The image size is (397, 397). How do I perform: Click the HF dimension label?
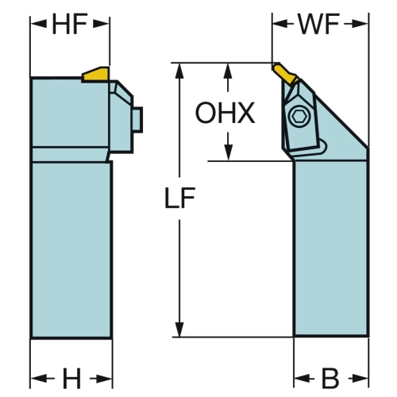point(70,24)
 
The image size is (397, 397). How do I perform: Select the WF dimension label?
point(318,24)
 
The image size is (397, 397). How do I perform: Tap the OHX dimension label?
point(225,113)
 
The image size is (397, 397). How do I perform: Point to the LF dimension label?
point(180,198)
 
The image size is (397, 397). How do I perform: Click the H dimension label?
point(71,378)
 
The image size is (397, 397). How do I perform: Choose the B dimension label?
point(330,378)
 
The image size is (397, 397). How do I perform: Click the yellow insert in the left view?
point(96,74)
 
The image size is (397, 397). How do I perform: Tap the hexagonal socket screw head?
point(299,116)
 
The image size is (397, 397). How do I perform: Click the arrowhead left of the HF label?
point(39,24)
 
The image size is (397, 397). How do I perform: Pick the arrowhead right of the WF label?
point(360,24)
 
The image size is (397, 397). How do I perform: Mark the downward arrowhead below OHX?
point(228,153)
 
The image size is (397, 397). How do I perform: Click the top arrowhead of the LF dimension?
point(180,71)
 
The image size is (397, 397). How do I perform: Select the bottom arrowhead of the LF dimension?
point(180,330)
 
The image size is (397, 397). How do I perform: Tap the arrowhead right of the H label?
point(104,379)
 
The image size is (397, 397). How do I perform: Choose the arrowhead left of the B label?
point(303,379)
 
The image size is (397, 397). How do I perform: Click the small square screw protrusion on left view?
point(137,120)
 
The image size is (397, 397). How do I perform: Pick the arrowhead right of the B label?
point(360,379)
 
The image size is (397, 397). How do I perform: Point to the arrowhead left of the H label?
point(39,379)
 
